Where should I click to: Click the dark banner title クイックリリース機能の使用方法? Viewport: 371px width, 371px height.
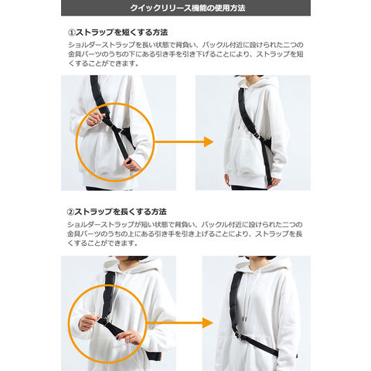point(187,8)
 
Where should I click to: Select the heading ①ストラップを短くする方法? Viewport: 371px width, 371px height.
point(117,32)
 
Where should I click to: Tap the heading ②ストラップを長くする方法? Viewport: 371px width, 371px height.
point(117,212)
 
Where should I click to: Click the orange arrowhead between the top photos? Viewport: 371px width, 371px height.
point(209,141)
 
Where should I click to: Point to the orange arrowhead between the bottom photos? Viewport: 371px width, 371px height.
point(208,323)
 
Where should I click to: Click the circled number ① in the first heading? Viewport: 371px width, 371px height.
point(71,32)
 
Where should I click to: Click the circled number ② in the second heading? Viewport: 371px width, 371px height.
point(70,212)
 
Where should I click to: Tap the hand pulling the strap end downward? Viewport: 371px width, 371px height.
point(132,165)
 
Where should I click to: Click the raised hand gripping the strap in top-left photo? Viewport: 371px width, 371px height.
point(94,118)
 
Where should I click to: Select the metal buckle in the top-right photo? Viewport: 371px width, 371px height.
point(257,137)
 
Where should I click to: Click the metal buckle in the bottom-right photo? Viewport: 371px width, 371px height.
point(239,335)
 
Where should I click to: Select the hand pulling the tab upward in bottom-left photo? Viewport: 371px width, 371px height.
point(89,322)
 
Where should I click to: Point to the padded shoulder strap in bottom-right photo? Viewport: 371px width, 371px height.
point(236,301)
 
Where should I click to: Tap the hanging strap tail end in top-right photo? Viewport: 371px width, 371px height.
point(268,178)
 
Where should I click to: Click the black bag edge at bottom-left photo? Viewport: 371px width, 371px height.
point(154,356)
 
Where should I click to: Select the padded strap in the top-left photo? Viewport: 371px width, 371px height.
point(100,99)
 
